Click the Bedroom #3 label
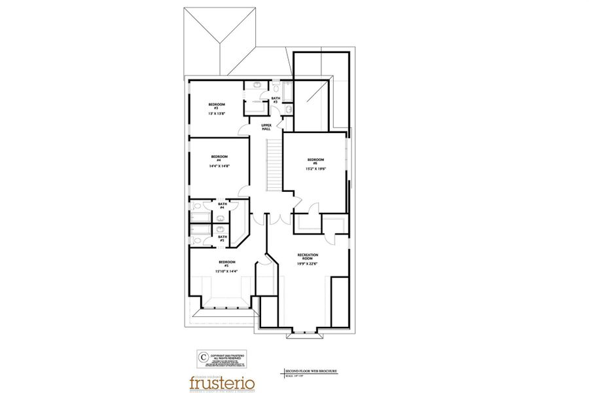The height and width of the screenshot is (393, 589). point(217,106)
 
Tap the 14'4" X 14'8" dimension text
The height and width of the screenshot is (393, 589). point(219,166)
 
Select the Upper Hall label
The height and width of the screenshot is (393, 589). point(266,126)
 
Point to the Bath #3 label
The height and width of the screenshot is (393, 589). point(276,100)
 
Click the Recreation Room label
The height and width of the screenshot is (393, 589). point(308,256)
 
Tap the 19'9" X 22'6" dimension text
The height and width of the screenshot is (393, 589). point(308,264)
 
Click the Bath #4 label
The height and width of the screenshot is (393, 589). point(223,206)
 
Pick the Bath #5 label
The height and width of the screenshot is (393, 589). point(223,238)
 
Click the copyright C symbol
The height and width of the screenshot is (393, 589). point(203,357)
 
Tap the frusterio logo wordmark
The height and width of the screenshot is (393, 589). point(222,382)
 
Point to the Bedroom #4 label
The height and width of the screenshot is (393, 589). point(219,158)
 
